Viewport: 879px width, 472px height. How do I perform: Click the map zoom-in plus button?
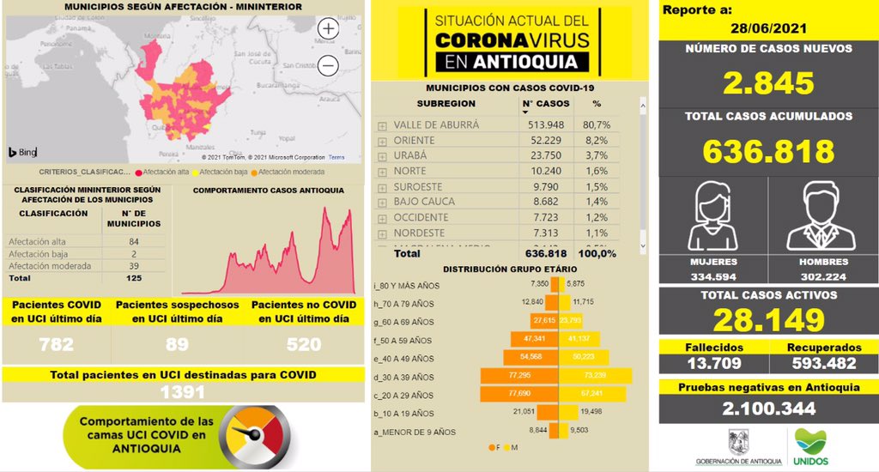tap(329, 28)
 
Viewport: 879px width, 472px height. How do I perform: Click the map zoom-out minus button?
tap(329, 64)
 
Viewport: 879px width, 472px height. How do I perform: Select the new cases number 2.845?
tap(767, 83)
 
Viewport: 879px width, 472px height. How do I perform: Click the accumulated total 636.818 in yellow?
tap(767, 151)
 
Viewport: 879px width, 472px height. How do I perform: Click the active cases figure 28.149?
tap(767, 320)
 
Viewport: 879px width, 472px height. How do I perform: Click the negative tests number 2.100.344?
tap(767, 408)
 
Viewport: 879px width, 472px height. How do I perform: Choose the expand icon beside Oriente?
tap(382, 141)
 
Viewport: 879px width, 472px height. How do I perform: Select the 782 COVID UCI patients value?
tap(56, 345)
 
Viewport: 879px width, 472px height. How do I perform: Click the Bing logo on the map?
tap(22, 153)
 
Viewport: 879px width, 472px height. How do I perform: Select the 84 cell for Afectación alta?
tap(134, 242)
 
